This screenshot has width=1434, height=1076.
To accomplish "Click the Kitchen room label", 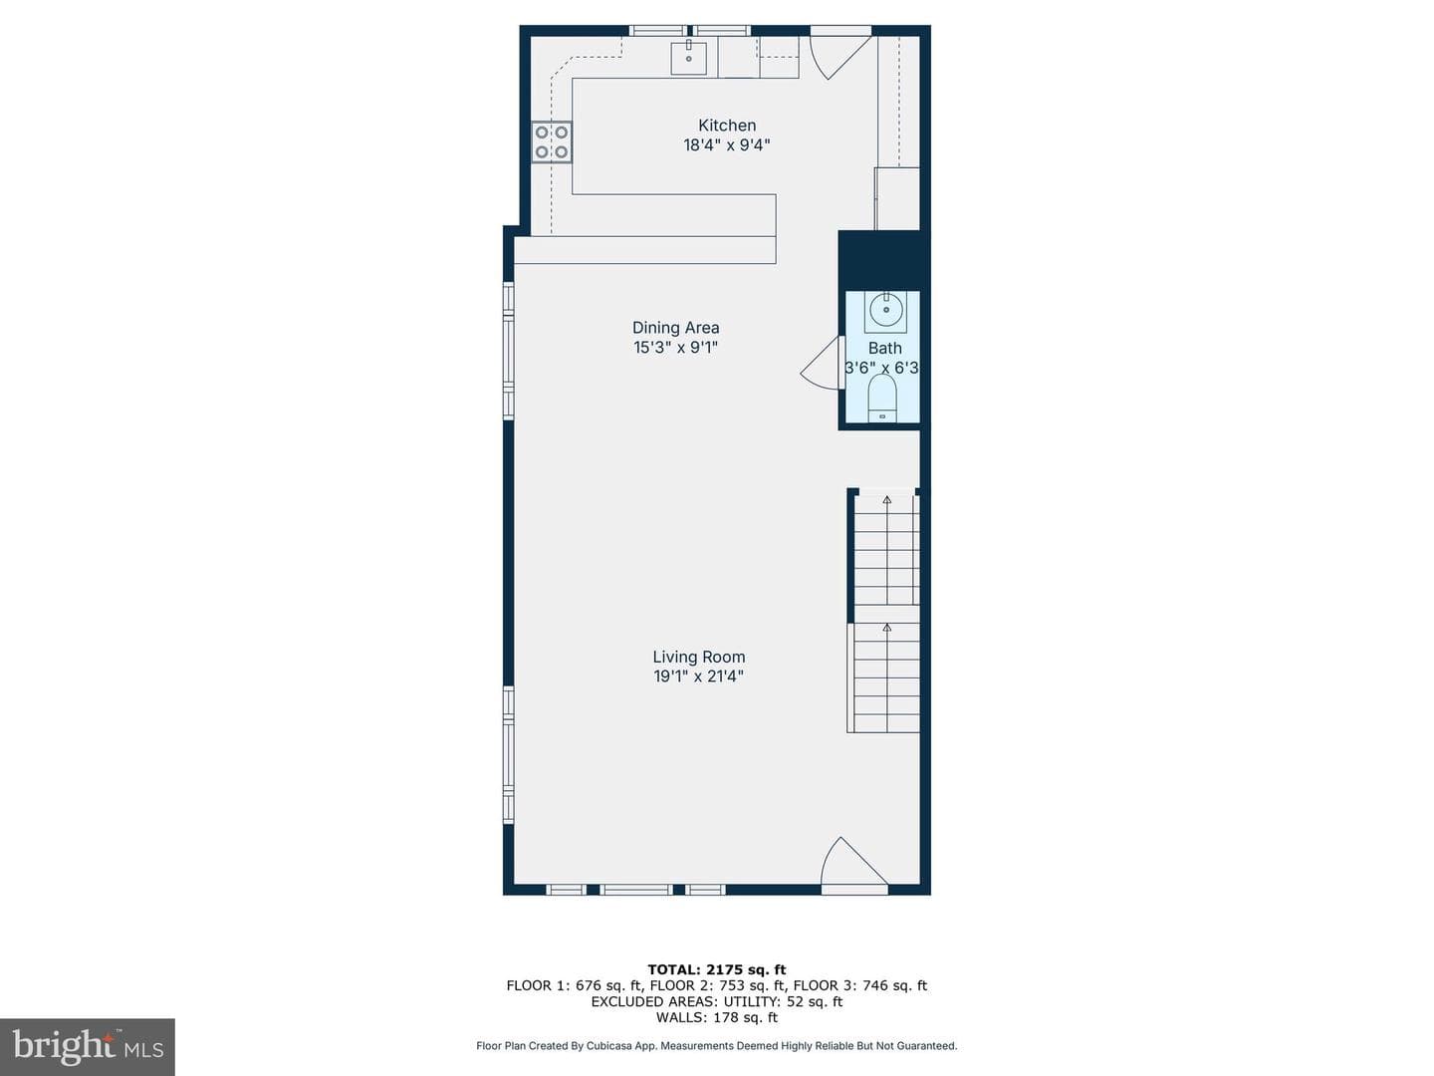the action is coord(727,125).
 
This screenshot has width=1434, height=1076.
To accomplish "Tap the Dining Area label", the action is coord(675,328).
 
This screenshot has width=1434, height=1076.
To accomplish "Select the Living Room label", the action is coord(698,657).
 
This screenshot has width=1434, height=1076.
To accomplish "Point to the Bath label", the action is coord(884,348).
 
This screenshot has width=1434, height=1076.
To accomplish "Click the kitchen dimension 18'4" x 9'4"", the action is coord(727,144).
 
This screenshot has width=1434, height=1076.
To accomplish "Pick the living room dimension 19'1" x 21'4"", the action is coord(698,676).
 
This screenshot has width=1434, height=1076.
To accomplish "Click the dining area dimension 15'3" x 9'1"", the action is coord(675,347).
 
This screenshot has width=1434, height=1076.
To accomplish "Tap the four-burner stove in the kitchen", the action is coord(552,141).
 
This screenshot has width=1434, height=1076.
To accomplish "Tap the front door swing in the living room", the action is coord(853,864).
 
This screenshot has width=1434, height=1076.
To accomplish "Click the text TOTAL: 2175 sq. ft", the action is coord(717,969).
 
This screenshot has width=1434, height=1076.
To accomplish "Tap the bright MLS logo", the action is coord(88,1046).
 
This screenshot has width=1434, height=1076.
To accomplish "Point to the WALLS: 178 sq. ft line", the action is coord(717,1017).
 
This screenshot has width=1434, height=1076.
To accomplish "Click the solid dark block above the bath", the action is coord(884,260).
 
